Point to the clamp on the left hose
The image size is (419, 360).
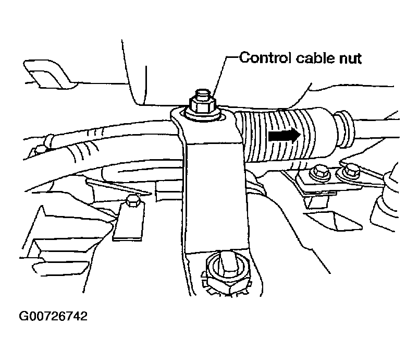(48, 140)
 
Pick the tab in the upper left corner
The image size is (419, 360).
(47, 73)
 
